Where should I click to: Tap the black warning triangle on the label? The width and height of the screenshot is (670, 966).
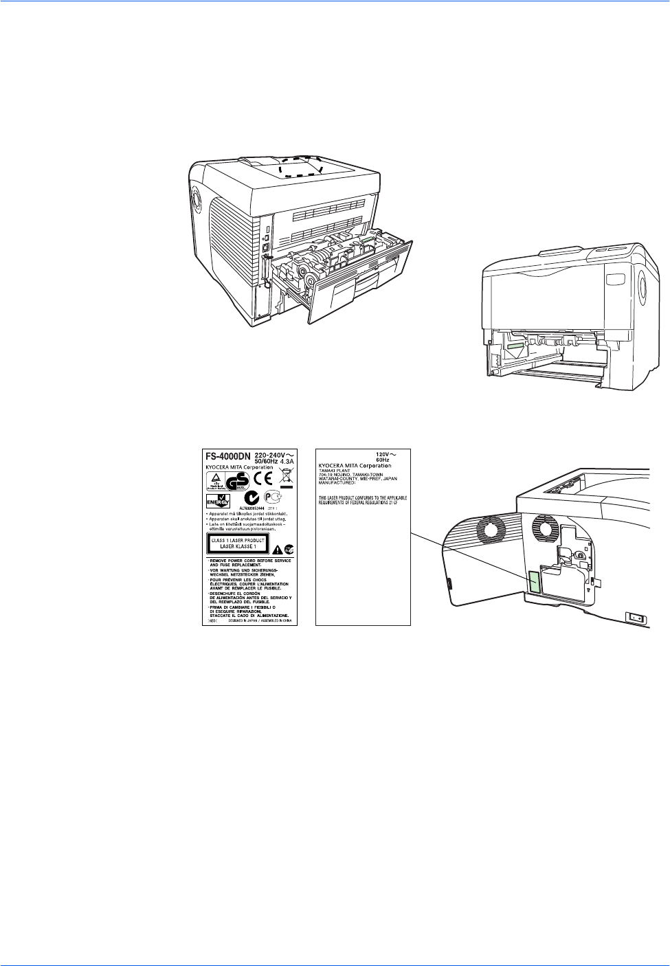276,549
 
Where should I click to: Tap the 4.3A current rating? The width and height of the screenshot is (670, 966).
281,461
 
